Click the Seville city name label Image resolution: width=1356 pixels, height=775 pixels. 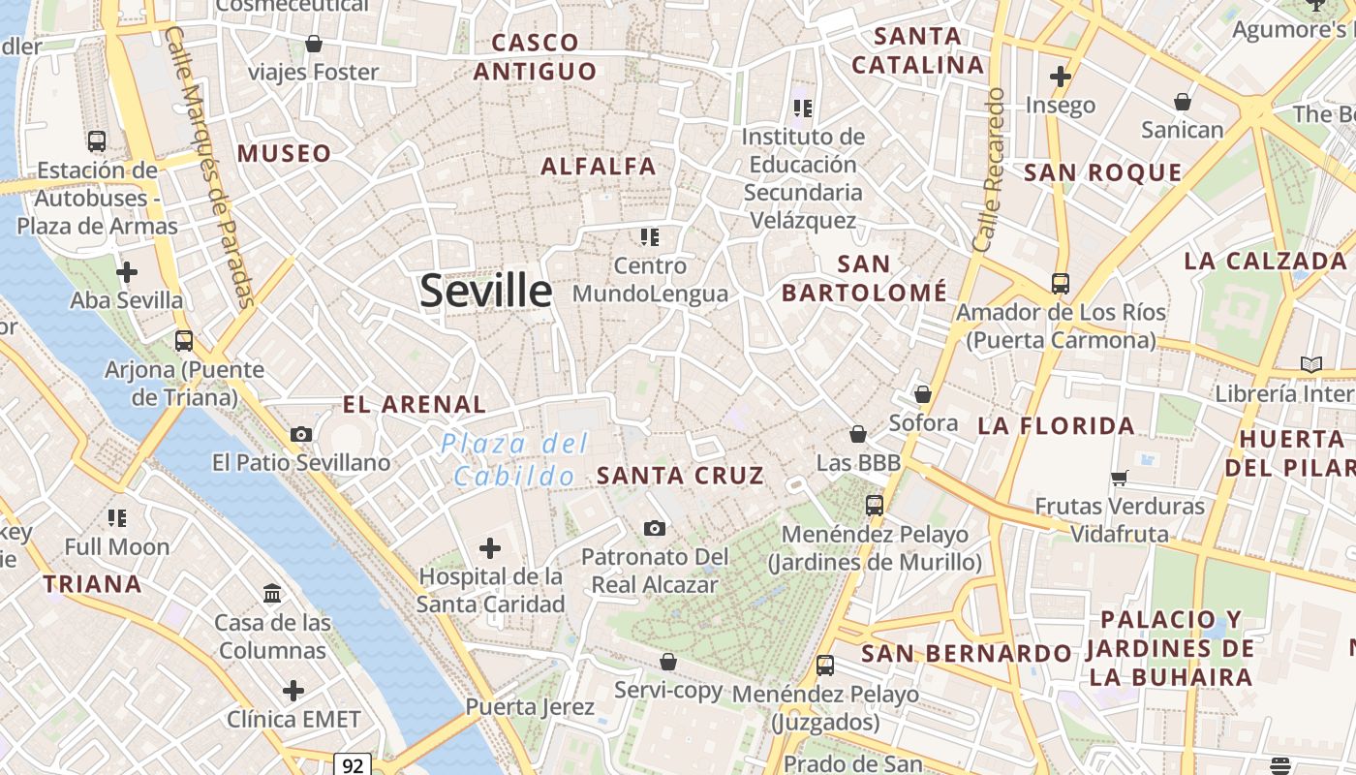(x=485, y=291)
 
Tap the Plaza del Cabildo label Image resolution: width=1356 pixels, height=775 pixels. (x=514, y=460)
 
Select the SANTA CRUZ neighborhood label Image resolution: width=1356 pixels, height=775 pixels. (x=680, y=476)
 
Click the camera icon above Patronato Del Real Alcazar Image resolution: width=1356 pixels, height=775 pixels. (x=655, y=528)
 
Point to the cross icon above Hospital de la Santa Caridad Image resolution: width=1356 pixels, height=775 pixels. (x=490, y=548)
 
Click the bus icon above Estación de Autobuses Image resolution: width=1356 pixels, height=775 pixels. (x=97, y=141)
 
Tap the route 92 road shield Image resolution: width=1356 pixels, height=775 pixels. (x=353, y=765)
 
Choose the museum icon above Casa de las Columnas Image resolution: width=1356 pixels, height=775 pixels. (x=272, y=593)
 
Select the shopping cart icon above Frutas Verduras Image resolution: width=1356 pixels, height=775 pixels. (x=1120, y=477)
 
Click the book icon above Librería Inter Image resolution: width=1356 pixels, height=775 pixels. (x=1310, y=364)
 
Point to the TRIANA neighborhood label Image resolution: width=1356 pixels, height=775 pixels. (x=93, y=584)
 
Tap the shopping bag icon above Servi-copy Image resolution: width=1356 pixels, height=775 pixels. (x=667, y=662)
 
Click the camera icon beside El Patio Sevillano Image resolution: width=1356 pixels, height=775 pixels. (x=301, y=434)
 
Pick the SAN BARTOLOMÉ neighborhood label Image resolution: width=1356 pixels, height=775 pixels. (x=864, y=278)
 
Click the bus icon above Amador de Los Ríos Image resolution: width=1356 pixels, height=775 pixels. (x=1061, y=284)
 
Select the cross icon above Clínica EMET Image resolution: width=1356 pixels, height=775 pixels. (x=293, y=691)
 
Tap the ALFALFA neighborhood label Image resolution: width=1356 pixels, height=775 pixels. (x=599, y=167)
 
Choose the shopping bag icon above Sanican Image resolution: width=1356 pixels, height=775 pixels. (x=1182, y=101)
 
